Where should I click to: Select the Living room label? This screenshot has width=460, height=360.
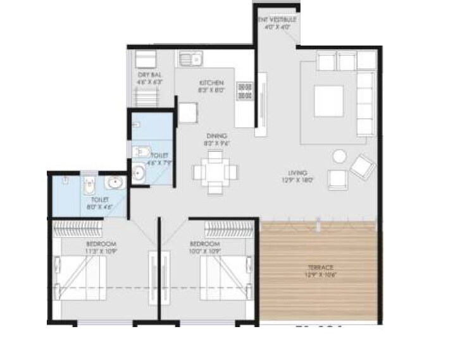(x=297, y=173)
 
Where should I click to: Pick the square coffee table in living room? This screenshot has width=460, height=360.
(x=329, y=97)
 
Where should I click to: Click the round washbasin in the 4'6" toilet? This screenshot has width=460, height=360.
(x=139, y=170)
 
